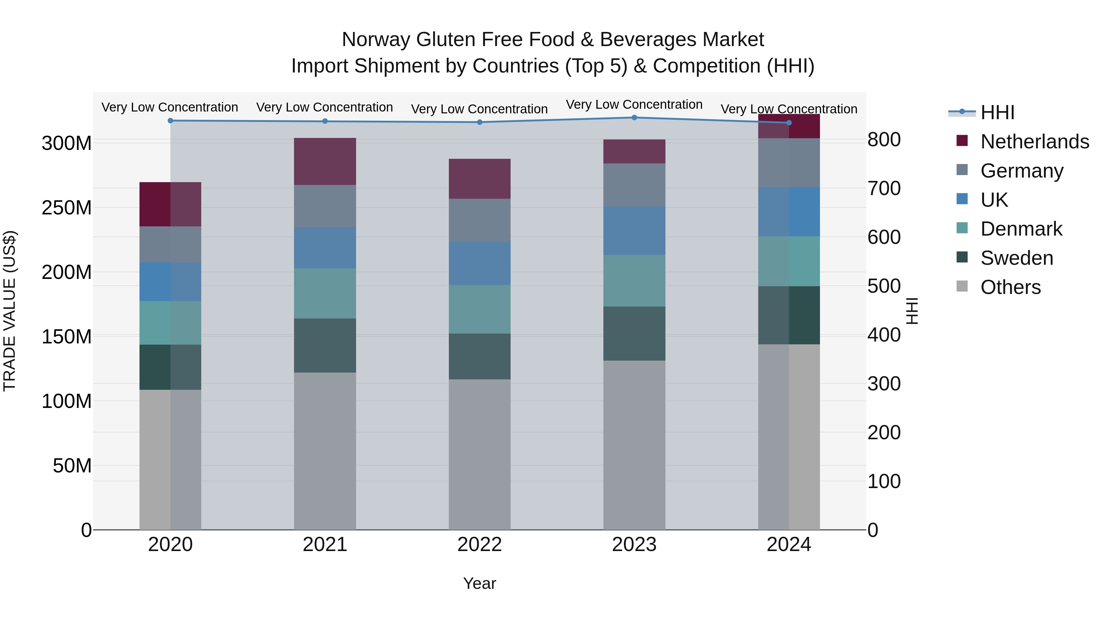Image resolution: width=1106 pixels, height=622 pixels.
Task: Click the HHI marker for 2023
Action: click(x=634, y=118)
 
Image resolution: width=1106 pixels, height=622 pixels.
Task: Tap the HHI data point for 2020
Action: click(x=171, y=121)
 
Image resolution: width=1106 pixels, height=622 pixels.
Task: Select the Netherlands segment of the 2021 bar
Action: click(x=325, y=161)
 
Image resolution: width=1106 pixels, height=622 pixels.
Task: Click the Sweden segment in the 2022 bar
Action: click(x=480, y=356)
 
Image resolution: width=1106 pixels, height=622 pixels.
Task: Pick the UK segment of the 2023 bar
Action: click(x=634, y=231)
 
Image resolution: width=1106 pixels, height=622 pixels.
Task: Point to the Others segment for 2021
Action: click(x=325, y=451)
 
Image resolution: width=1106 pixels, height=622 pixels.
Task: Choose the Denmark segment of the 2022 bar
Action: click(x=480, y=309)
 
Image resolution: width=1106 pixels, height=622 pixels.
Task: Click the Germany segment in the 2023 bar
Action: click(x=634, y=185)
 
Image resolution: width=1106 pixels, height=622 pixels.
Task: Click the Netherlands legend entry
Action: click(x=1035, y=141)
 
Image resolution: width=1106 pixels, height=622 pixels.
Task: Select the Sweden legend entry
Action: click(x=1017, y=258)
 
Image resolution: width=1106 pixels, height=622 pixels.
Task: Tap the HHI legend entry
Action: click(x=997, y=112)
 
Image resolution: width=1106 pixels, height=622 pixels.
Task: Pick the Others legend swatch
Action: click(x=962, y=286)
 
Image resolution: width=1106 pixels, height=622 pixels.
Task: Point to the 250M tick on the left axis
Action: click(x=67, y=208)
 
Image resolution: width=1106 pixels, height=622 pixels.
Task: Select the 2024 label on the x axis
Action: click(x=789, y=545)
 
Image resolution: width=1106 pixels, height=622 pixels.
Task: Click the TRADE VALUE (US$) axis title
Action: click(x=10, y=311)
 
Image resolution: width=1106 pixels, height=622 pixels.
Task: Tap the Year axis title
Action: click(x=480, y=583)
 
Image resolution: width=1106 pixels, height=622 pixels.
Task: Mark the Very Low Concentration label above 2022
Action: click(x=480, y=109)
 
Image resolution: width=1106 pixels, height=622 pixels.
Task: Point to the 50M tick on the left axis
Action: click(x=72, y=466)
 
